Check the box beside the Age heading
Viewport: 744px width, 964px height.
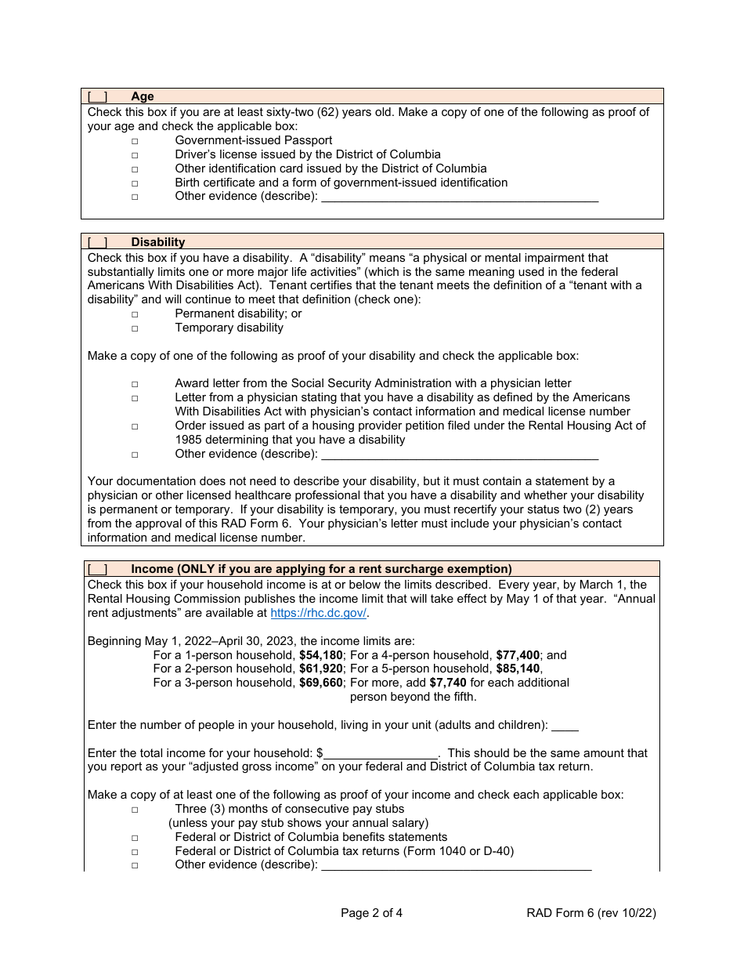coord(97,96)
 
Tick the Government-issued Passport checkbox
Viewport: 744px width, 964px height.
coord(135,141)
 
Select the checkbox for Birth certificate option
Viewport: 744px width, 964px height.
coord(135,183)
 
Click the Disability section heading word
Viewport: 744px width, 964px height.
coord(157,242)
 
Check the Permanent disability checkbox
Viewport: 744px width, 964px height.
coord(135,314)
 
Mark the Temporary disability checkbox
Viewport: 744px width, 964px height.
coord(135,328)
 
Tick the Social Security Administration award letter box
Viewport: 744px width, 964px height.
coord(135,384)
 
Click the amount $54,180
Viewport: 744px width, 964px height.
coord(321,655)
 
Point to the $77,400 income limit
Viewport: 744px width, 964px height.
coord(519,655)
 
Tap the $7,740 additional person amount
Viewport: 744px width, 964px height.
coord(448,683)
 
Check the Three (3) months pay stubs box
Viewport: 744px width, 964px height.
coord(135,810)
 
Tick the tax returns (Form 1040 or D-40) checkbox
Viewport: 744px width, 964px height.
coord(135,852)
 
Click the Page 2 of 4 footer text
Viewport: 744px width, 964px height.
coord(372,912)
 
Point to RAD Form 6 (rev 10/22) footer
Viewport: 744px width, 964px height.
coord(591,912)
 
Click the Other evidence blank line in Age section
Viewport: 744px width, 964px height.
coord(460,197)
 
